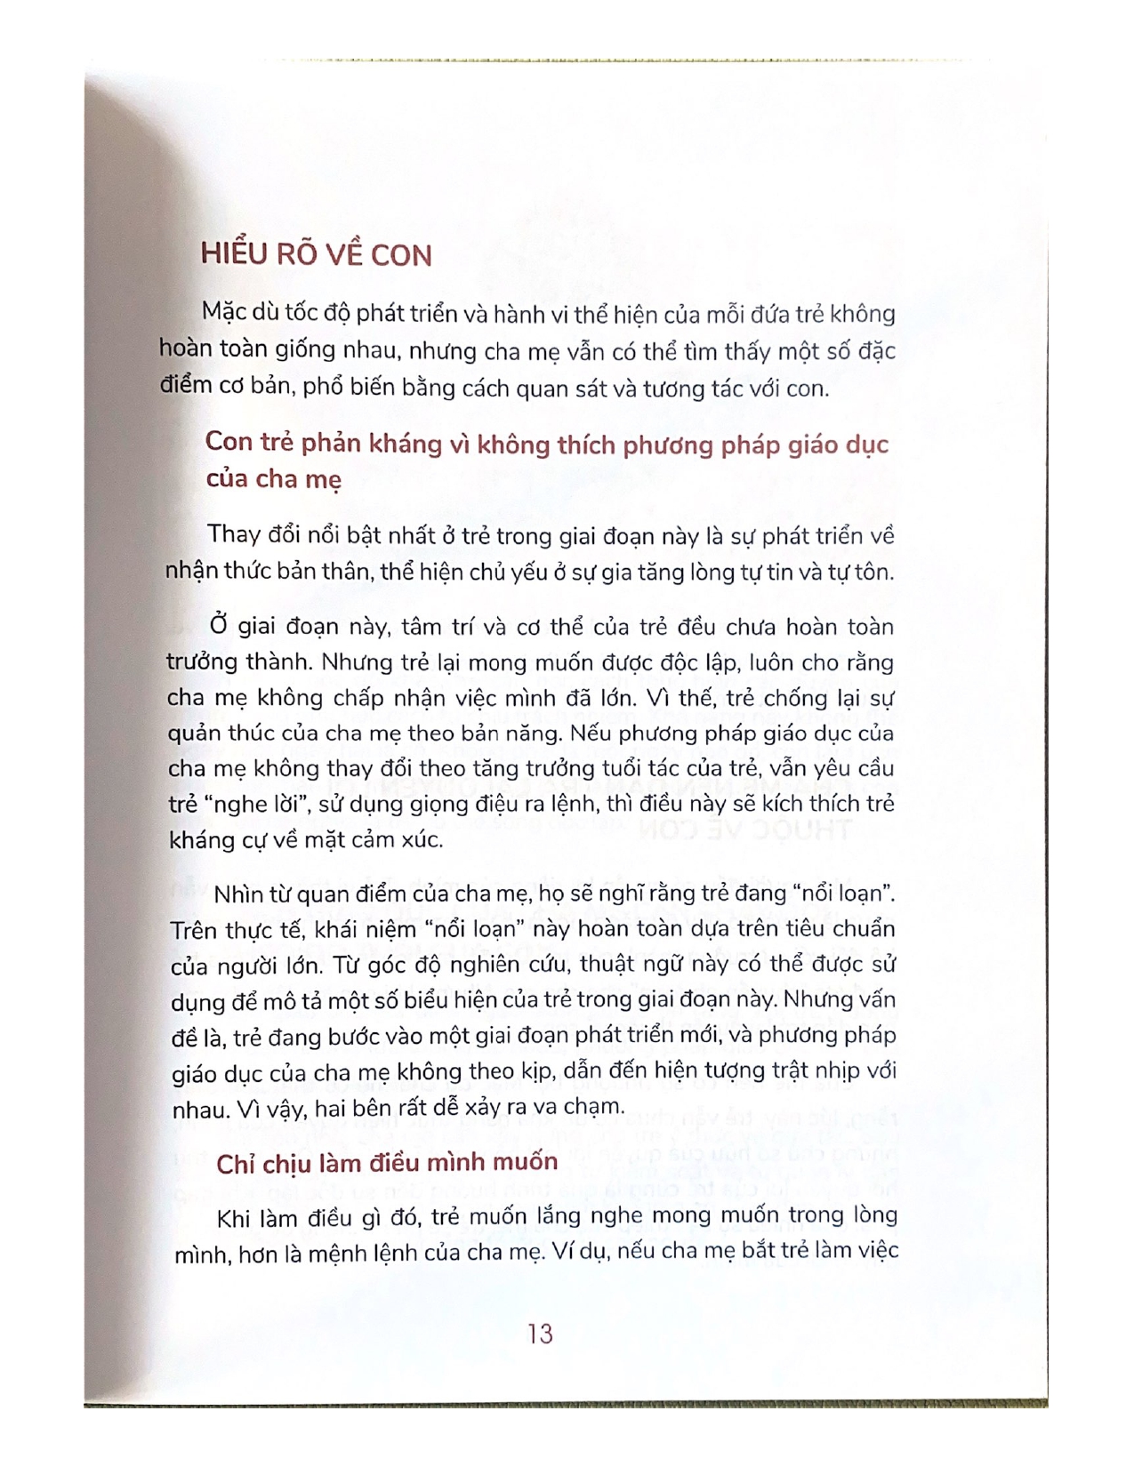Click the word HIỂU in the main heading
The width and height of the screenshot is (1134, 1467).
(233, 254)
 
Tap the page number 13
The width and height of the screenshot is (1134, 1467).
(539, 1334)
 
